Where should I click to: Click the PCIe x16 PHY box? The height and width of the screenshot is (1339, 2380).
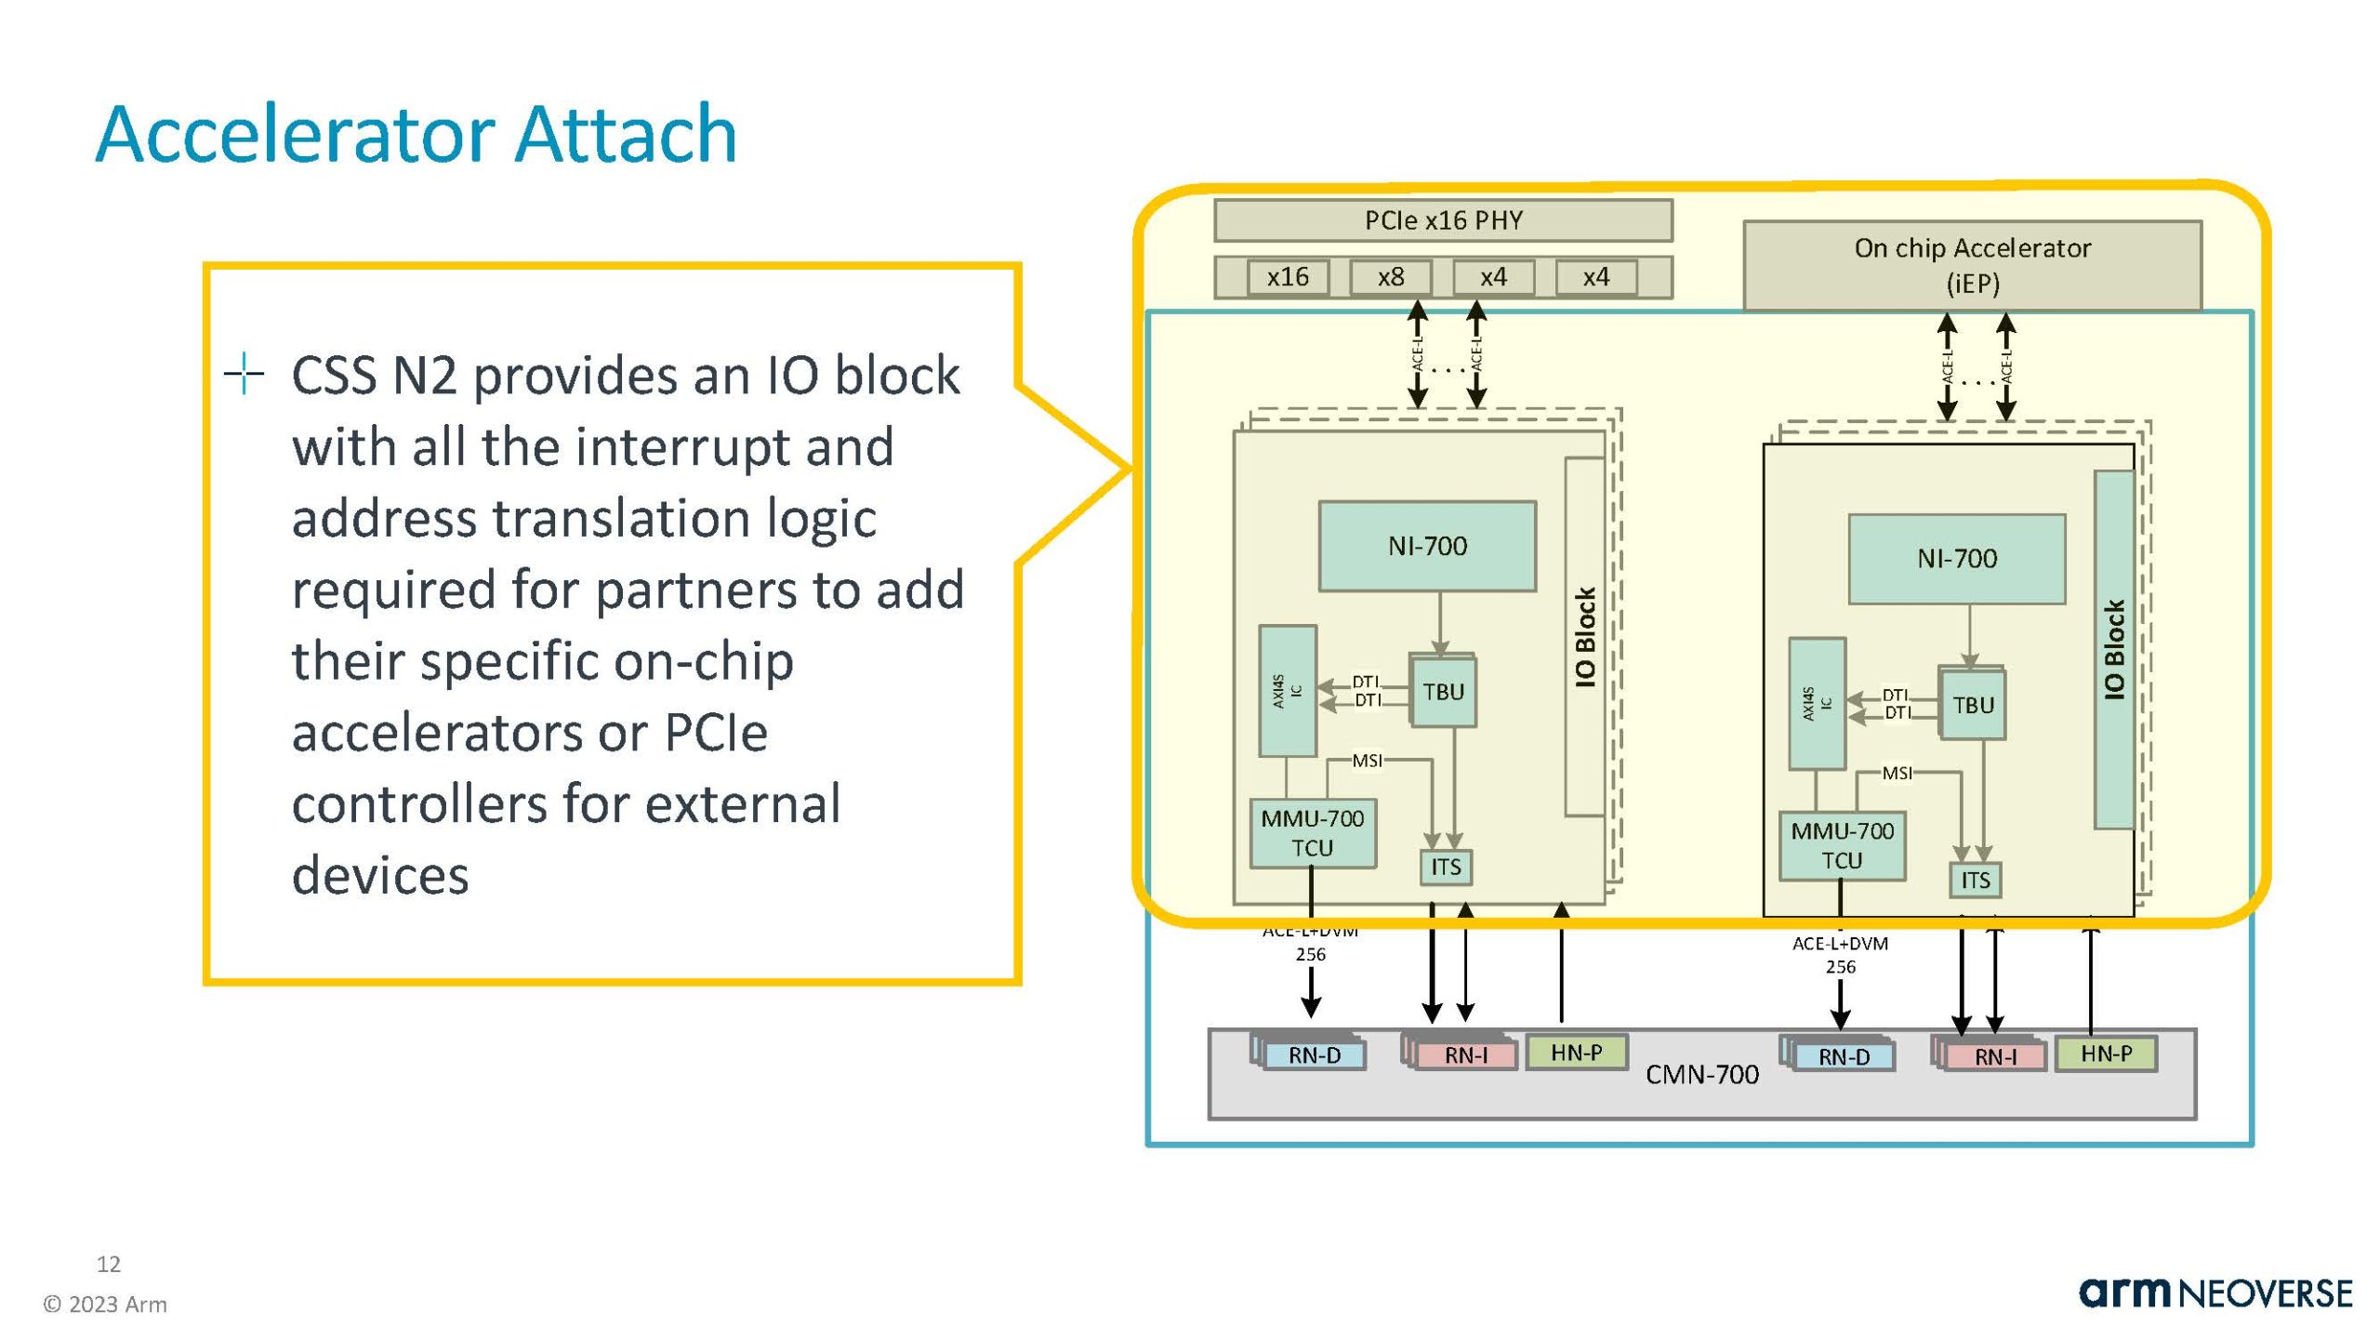(x=1443, y=220)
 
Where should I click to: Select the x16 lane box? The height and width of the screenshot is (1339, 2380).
(x=1288, y=277)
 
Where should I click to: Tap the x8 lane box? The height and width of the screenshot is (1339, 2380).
(x=1391, y=277)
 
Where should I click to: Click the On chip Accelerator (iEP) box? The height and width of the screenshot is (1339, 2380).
(x=1972, y=265)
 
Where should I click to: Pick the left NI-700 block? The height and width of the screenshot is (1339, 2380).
(x=1427, y=546)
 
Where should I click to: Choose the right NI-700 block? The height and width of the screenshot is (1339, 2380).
(x=1957, y=559)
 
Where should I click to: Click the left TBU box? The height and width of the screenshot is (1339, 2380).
(x=1443, y=692)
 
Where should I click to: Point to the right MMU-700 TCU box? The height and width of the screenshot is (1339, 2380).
(x=1842, y=845)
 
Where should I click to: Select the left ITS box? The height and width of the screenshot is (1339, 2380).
(x=1446, y=868)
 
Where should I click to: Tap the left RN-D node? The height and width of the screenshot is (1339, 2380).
(x=1315, y=1055)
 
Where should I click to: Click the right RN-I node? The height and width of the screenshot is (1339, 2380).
(x=1995, y=1057)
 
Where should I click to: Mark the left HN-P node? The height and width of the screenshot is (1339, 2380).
(x=1577, y=1053)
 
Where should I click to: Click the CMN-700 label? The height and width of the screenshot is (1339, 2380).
(x=1702, y=1075)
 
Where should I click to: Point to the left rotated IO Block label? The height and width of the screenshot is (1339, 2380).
(x=1585, y=637)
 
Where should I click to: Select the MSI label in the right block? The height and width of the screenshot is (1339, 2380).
(x=1897, y=773)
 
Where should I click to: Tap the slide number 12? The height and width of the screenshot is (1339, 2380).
(x=109, y=1264)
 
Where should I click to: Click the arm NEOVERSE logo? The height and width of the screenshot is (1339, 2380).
(x=2215, y=1293)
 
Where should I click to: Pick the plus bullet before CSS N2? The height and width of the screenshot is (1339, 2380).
(x=245, y=374)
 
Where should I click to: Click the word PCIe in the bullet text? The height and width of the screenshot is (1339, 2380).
(x=716, y=733)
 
